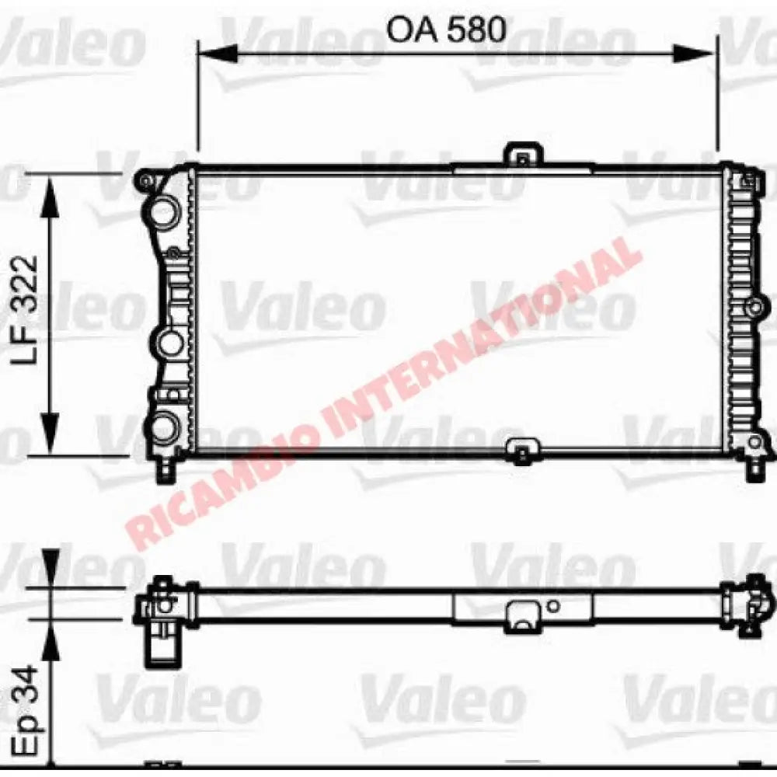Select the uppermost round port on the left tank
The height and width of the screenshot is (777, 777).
click(163, 212)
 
